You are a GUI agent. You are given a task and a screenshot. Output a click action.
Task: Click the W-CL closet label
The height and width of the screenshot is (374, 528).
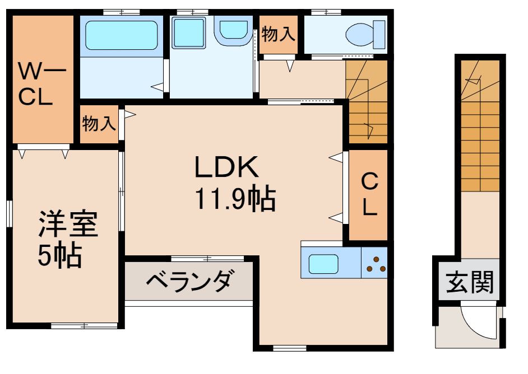click(43, 84)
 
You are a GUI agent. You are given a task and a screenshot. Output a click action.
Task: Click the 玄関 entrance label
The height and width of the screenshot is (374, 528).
click(470, 283)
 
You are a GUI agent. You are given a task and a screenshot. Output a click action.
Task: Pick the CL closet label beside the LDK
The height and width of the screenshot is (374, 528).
click(368, 194)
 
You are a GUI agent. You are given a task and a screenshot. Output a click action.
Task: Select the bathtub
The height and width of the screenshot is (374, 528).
click(121, 35)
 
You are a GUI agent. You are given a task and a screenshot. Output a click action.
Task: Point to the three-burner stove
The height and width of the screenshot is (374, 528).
click(375, 264)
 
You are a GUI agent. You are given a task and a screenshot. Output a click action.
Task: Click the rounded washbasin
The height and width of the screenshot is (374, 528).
click(233, 30)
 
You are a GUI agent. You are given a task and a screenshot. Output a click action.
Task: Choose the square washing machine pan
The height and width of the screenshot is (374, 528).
click(188, 32)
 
